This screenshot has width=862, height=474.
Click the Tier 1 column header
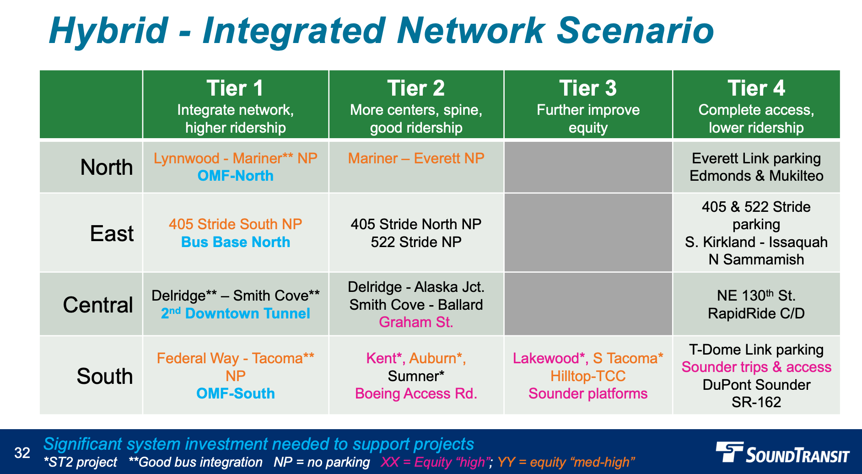(x=235, y=89)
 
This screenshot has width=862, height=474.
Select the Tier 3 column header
(x=588, y=89)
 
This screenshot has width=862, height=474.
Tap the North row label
(x=107, y=167)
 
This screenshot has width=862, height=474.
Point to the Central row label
(x=98, y=305)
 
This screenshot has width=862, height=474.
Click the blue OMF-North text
(x=235, y=176)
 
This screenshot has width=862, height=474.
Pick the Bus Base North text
(x=235, y=242)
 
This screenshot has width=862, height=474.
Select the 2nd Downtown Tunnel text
(x=235, y=313)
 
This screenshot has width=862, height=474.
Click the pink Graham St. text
(x=416, y=322)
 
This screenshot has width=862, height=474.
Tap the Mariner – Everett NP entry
(x=416, y=158)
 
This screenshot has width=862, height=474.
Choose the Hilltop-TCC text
(x=588, y=376)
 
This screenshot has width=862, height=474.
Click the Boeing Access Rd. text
(x=416, y=393)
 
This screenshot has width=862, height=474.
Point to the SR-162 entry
(x=756, y=402)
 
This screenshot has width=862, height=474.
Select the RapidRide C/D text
(x=756, y=313)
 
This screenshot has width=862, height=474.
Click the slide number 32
(x=22, y=453)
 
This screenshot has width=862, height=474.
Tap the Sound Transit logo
(x=782, y=453)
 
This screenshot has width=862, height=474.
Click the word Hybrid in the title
(x=108, y=31)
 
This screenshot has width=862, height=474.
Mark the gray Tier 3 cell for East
(x=588, y=232)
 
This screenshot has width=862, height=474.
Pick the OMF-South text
(x=235, y=393)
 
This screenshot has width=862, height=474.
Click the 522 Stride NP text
(x=416, y=242)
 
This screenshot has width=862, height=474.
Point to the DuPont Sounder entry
(x=756, y=385)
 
